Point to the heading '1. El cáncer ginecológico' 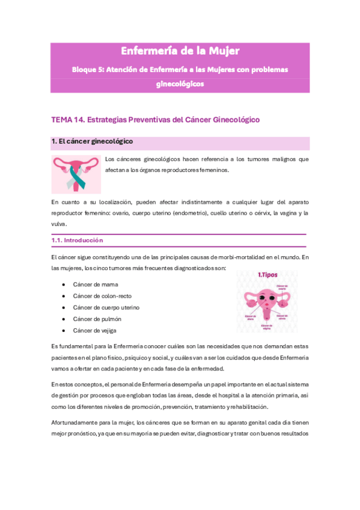click(92, 142)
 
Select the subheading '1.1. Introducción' click(77, 240)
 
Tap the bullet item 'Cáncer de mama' click(96, 284)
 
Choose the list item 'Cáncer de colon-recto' click(102, 295)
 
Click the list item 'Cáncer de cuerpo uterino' click(106, 307)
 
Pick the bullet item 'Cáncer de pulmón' click(98, 319)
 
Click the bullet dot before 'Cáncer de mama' click(64, 284)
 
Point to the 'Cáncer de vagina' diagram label click(267, 326)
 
